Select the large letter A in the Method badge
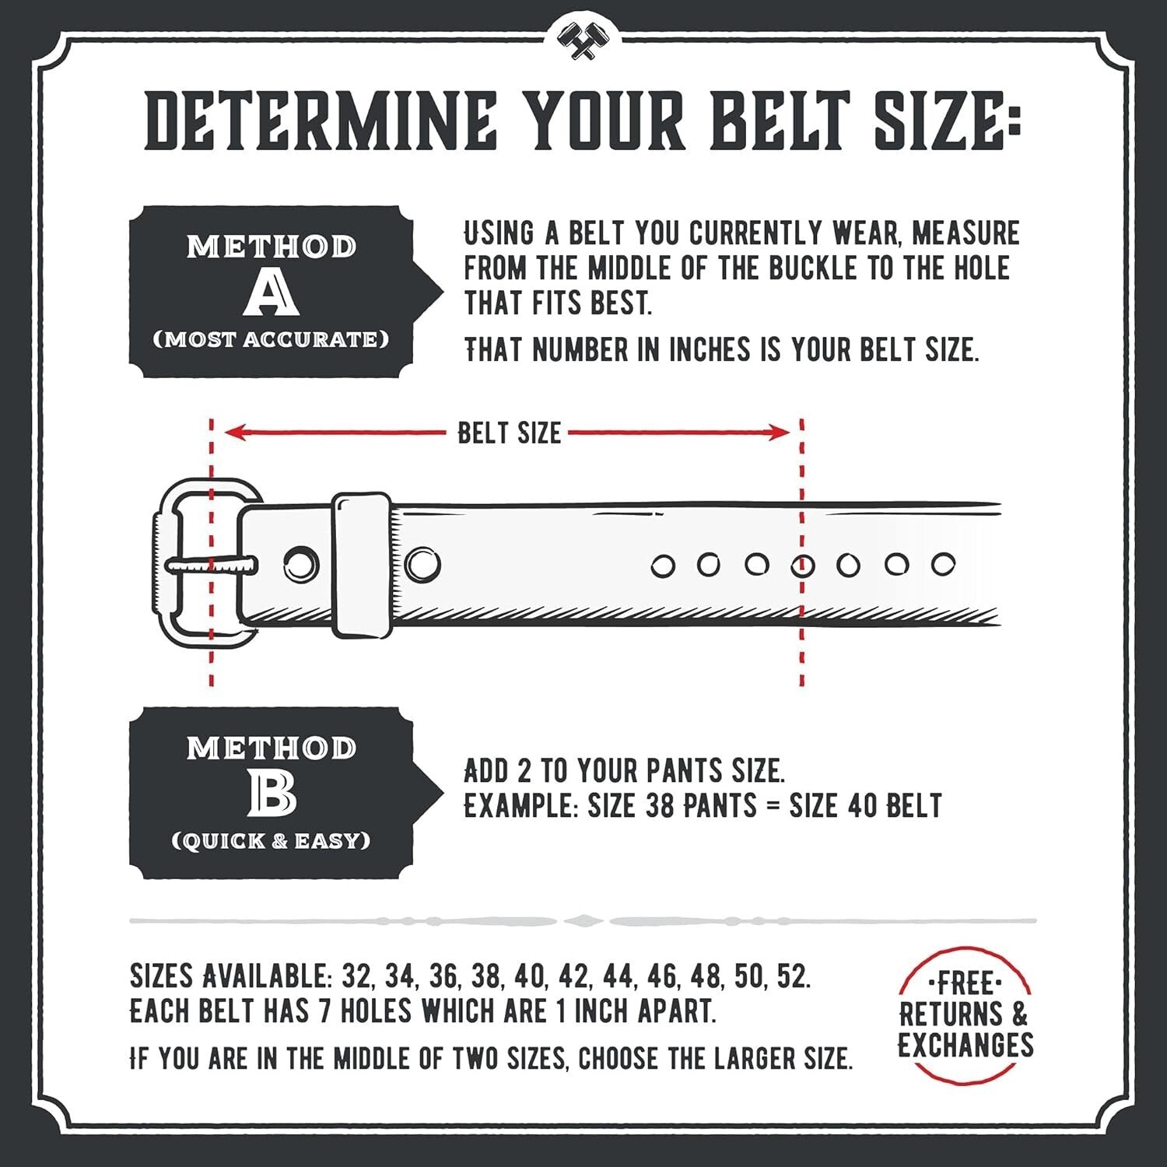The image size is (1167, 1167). click(x=271, y=295)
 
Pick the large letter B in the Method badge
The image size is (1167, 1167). click(x=272, y=794)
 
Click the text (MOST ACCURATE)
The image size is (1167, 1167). click(x=271, y=340)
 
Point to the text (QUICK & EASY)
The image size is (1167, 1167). click(x=271, y=841)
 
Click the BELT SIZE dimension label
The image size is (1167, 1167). click(x=509, y=433)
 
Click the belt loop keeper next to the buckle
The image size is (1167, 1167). click(x=362, y=564)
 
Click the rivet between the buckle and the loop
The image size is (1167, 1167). click(x=300, y=563)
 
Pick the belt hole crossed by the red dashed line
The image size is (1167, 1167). click(x=802, y=566)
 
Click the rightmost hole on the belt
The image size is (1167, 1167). click(x=943, y=564)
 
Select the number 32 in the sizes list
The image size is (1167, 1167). click(x=356, y=976)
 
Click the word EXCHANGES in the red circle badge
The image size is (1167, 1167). click(x=965, y=1045)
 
